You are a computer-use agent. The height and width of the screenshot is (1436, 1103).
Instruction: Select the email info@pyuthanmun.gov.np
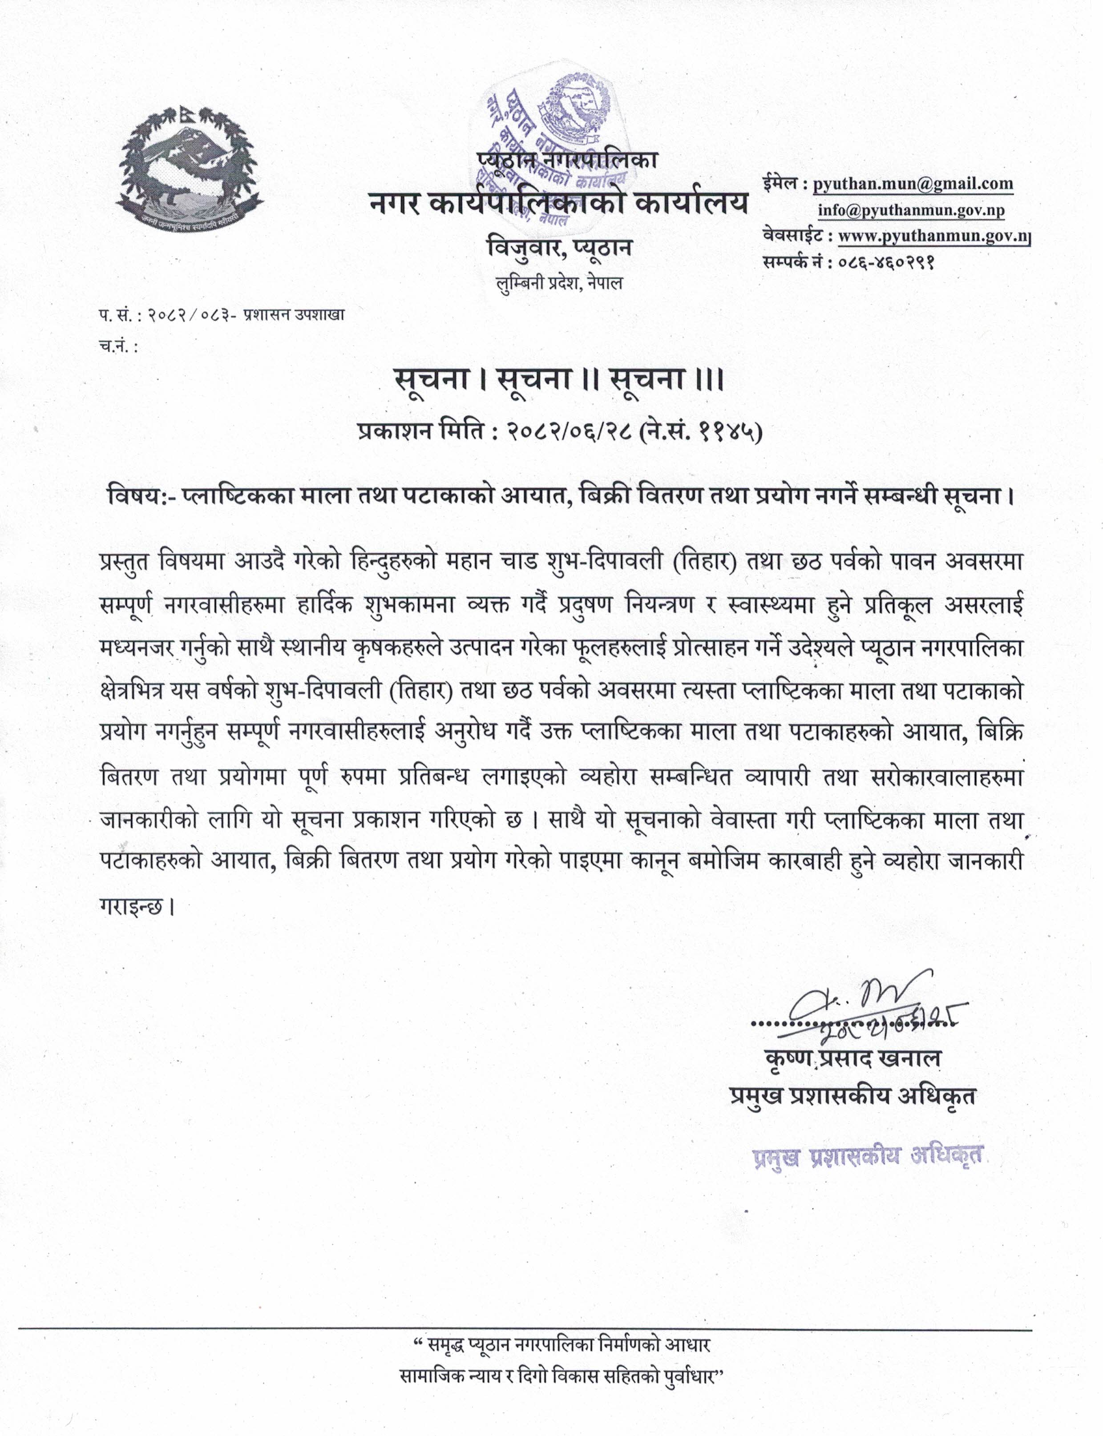[x=911, y=211]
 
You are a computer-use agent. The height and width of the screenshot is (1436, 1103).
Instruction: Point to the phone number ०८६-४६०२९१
[x=886, y=262]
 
